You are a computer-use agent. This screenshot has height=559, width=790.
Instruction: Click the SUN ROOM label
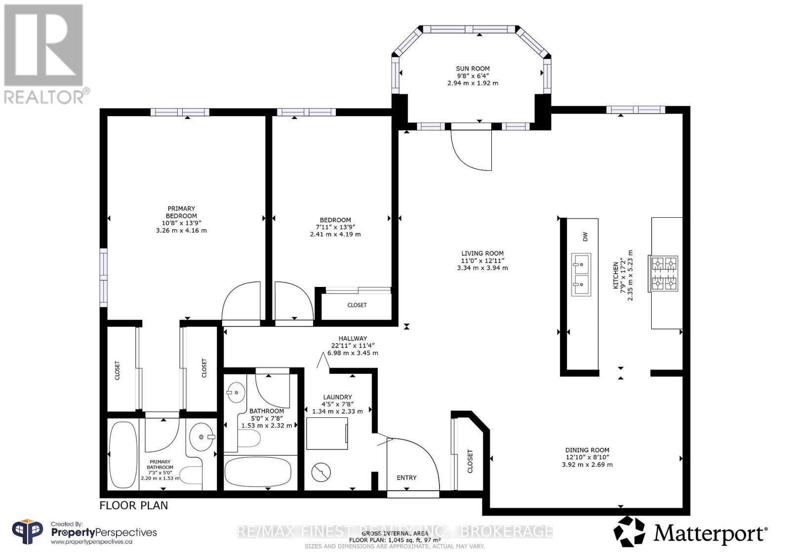[x=473, y=69]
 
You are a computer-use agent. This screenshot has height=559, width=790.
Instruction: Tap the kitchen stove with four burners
[x=663, y=274]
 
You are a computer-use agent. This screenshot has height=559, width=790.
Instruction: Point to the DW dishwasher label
[x=586, y=237]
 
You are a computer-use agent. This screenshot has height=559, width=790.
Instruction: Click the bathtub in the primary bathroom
[x=122, y=455]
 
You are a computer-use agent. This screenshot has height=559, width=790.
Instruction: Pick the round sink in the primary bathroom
[x=202, y=437]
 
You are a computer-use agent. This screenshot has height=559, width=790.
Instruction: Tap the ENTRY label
[x=407, y=478]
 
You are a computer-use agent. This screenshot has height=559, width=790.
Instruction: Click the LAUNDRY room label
[x=338, y=397]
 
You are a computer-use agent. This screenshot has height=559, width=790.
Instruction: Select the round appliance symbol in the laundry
[x=321, y=472]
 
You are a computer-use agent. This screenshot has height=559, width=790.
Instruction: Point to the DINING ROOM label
[x=587, y=450]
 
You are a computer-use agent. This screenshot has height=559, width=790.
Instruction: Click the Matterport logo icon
[x=630, y=531]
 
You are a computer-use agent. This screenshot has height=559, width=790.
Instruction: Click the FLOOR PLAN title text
[x=134, y=506]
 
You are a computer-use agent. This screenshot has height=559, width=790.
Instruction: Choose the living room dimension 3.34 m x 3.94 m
[x=482, y=268]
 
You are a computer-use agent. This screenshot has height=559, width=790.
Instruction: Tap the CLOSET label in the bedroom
[x=357, y=305]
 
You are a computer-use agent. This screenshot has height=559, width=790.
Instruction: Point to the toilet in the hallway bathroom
[x=249, y=439]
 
